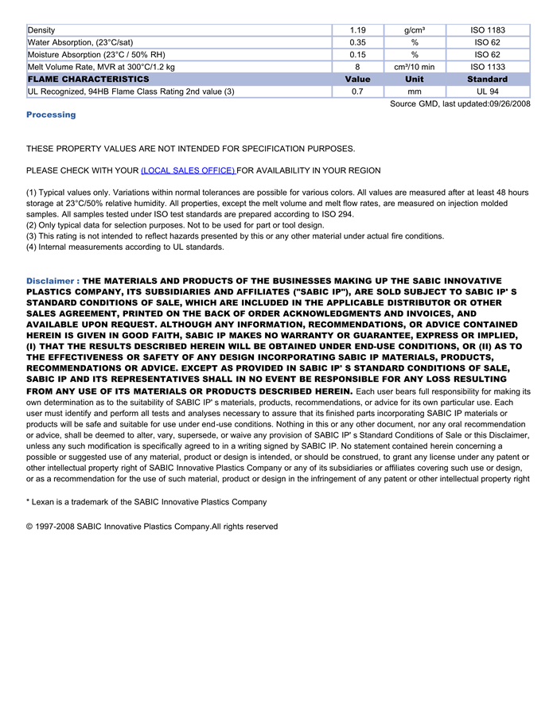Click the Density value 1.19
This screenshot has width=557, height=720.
pos(357,30)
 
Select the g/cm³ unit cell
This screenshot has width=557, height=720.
pos(415,30)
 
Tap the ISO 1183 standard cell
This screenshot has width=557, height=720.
pos(487,30)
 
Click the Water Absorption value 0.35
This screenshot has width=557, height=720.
pos(357,42)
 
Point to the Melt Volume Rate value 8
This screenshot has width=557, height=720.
pos(357,67)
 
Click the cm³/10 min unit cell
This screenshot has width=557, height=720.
pos(415,67)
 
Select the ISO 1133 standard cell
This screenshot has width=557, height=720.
pos(487,67)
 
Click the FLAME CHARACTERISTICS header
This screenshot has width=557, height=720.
pos(88,80)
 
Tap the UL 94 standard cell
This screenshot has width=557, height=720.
pos(487,91)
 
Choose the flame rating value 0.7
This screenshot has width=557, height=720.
pos(357,91)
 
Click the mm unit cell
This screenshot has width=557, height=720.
pos(415,91)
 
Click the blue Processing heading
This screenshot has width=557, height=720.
pos(51,115)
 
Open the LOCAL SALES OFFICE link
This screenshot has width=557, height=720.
pos(188,170)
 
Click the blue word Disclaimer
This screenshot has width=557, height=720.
pos(50,281)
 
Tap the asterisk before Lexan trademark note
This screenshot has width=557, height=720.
pos(28,501)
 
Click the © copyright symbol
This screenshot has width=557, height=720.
pos(29,527)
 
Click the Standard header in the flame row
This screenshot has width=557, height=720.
pos(487,80)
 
